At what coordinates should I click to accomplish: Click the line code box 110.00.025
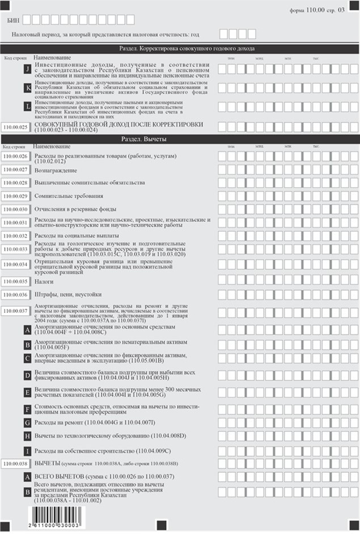point(16,126)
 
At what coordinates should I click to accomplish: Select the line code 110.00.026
point(16,156)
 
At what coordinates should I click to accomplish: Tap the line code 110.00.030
point(16,209)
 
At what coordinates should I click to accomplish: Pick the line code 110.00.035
point(16,281)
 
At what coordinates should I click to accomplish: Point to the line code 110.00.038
point(16,464)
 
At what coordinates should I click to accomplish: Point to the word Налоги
point(44,281)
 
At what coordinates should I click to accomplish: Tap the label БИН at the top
point(14,20)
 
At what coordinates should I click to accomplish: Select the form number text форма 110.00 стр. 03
point(324,10)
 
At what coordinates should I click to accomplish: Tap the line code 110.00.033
point(16,249)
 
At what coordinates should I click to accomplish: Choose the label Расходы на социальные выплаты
point(77,235)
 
